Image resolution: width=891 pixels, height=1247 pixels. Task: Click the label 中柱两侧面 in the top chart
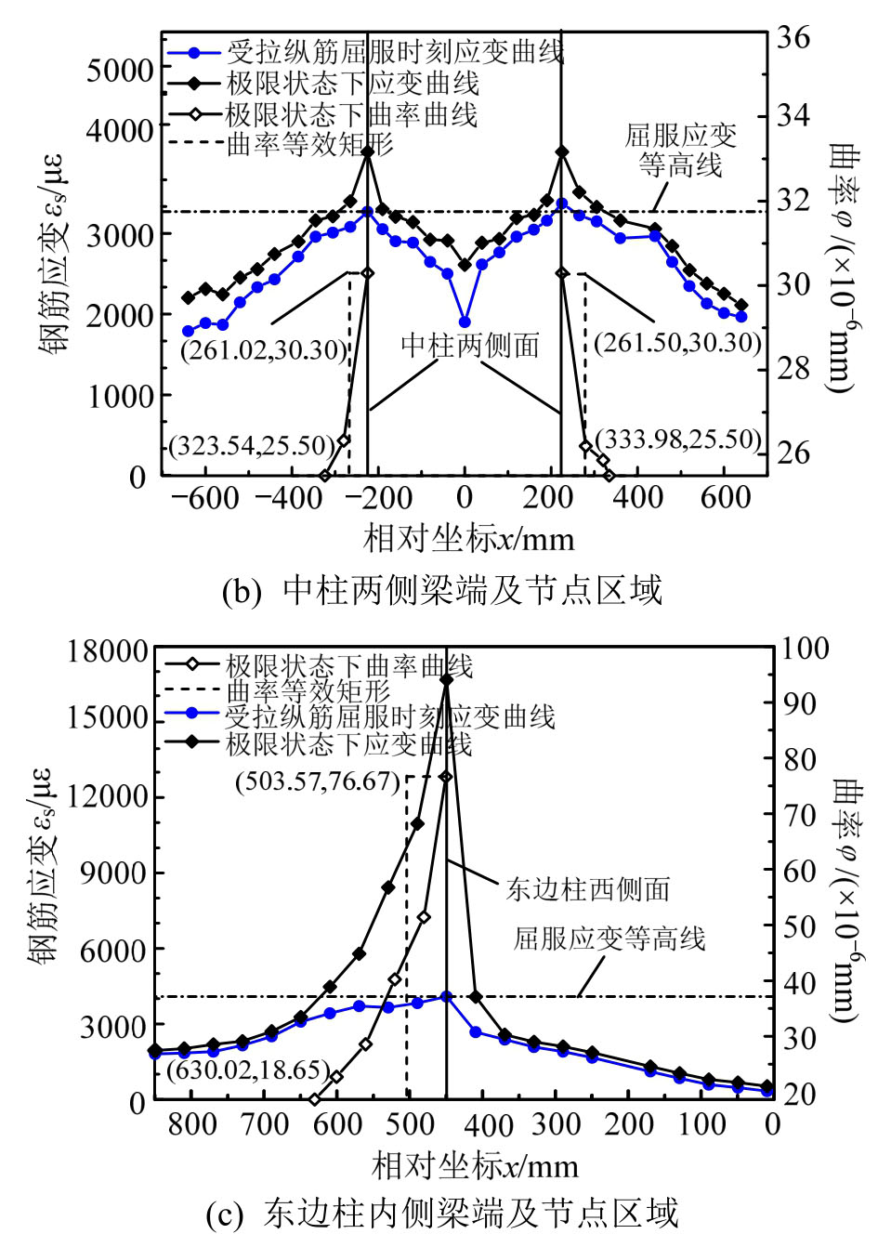coord(470,346)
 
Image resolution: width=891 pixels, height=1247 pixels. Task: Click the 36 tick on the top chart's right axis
coord(793,38)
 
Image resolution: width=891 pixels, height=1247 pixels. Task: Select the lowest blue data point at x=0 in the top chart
coord(465,322)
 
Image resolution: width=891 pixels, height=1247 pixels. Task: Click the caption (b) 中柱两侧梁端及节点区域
coord(443,590)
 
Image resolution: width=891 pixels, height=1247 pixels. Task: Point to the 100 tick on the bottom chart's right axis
coord(805,648)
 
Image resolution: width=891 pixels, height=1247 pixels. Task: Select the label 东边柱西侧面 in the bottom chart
coord(587,889)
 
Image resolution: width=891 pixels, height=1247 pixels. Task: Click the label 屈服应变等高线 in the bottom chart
coord(609,938)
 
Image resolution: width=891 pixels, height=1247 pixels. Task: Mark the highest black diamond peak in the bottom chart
coord(446,680)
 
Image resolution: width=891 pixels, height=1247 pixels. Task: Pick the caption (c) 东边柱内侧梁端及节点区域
coord(443,1213)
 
